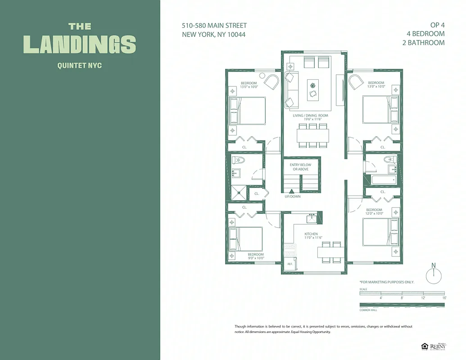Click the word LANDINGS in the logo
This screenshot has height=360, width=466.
point(80,44)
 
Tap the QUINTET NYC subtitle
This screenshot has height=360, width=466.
point(80,66)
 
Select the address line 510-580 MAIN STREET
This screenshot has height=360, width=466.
point(214,26)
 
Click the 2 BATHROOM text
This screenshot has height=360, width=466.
point(423,43)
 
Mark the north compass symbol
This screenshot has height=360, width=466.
point(434,275)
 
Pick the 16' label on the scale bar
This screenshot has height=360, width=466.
point(444,298)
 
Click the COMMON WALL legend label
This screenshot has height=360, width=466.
point(368,310)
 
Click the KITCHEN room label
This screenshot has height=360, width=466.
point(311,234)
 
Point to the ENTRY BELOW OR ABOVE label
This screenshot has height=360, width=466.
point(301,167)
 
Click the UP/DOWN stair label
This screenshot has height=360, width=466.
point(293,197)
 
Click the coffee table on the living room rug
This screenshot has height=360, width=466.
point(313,90)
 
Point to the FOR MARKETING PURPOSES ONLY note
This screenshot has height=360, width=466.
point(387,282)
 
